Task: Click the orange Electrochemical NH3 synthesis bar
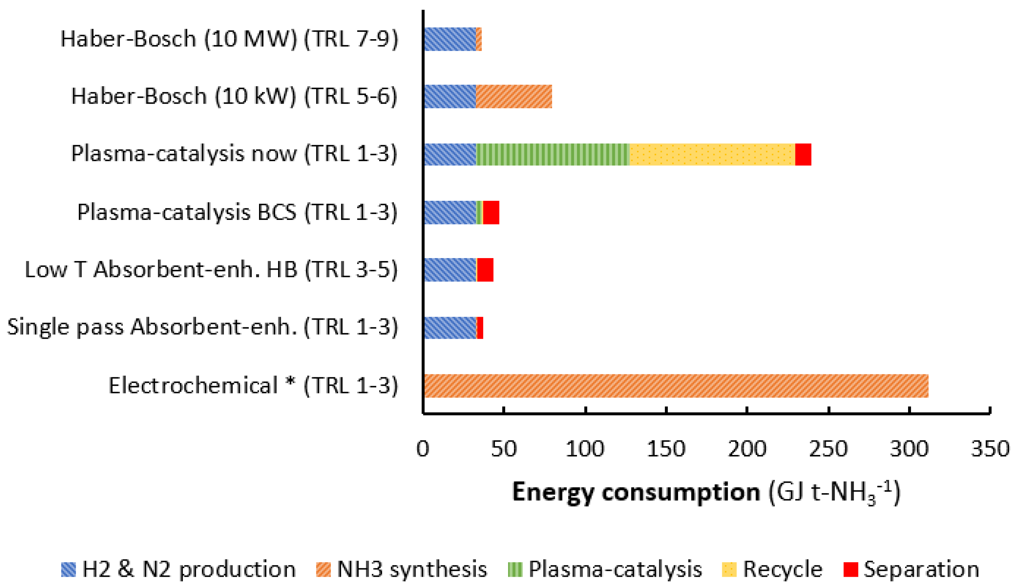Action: coord(676,386)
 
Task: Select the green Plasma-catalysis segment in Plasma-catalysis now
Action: coord(553,154)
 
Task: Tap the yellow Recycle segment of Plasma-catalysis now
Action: coord(712,154)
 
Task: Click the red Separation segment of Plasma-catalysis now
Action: coord(803,154)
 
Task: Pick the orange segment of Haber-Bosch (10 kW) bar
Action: coord(514,96)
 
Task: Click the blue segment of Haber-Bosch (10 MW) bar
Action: coord(450,39)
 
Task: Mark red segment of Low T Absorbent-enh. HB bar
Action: coord(485,270)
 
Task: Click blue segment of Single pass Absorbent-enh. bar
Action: coord(450,328)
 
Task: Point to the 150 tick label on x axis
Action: coord(666,449)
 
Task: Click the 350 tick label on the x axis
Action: coord(990,449)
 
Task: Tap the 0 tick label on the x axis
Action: coord(423,449)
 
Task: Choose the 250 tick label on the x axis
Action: coord(828,449)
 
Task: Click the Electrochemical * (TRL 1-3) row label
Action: coord(253,386)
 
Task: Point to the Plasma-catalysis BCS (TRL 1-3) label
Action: coord(237,212)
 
